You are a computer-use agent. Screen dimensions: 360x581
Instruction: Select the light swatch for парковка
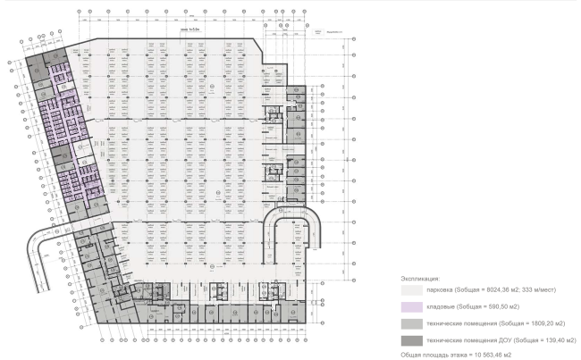pos(412,290)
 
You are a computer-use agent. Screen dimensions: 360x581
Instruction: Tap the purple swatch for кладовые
pos(412,307)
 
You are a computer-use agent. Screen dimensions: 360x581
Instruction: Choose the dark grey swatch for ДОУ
pos(412,340)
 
